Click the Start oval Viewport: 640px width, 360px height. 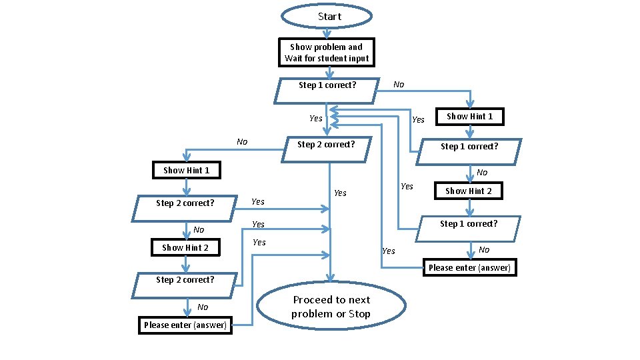[326, 17]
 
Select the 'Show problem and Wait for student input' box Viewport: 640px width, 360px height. [326, 53]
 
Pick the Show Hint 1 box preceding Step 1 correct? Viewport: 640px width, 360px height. [469, 116]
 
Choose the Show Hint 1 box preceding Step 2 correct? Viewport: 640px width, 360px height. [186, 170]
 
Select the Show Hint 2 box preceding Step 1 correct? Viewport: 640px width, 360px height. [468, 191]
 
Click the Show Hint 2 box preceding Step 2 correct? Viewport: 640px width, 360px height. [185, 247]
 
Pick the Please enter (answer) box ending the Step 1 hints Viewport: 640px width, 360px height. [469, 267]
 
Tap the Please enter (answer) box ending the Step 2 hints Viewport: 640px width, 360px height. [185, 325]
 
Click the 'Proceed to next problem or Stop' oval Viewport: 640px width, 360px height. [331, 307]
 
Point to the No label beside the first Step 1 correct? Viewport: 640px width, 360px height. [399, 85]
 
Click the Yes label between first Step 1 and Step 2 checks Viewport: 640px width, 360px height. [316, 119]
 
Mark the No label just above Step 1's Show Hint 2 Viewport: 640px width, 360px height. [482, 173]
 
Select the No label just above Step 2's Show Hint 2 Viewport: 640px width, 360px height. [199, 230]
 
